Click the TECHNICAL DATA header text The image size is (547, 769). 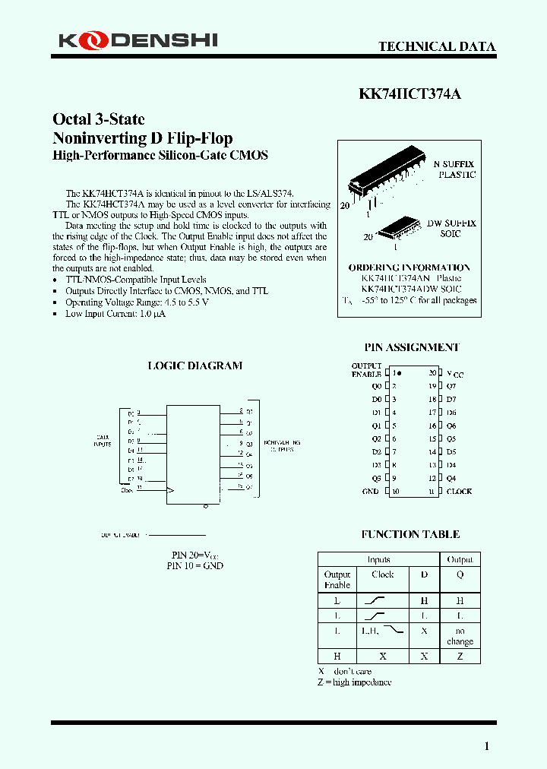437,46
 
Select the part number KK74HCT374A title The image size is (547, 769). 409,94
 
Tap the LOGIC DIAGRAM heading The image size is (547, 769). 194,366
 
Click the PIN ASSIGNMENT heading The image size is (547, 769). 412,347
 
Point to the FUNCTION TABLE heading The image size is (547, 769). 410,534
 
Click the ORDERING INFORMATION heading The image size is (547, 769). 409,267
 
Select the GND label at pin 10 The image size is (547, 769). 370,492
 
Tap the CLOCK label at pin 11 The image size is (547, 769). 459,492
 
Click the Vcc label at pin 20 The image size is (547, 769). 454,374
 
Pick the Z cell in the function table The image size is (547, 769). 460,656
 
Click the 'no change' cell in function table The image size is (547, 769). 460,636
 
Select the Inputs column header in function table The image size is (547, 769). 378,559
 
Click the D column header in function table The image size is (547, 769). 424,574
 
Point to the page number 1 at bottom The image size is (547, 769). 487,746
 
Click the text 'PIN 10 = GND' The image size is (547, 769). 194,566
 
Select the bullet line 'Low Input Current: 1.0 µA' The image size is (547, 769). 115,314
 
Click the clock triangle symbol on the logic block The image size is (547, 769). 171,490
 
